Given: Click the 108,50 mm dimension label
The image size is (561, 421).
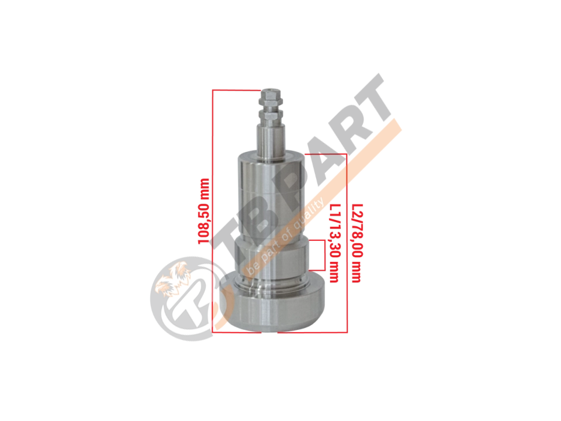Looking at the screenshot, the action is [x=203, y=211].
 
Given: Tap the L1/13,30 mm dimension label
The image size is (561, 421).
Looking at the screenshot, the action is [x=334, y=243].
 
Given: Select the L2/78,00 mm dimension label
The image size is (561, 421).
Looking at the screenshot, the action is [x=357, y=243].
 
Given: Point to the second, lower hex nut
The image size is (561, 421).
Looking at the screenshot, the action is [x=271, y=115].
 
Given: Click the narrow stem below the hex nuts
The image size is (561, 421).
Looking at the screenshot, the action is [x=272, y=140].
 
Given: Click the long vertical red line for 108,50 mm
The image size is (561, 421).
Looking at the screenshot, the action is [x=213, y=211].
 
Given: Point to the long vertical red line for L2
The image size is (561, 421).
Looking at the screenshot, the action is [x=347, y=243].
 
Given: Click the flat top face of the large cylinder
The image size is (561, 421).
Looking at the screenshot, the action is [x=272, y=157].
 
